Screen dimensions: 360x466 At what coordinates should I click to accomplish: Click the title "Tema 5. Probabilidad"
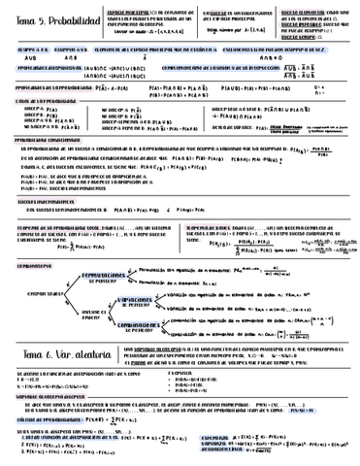pyautogui.click(x=49, y=18)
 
